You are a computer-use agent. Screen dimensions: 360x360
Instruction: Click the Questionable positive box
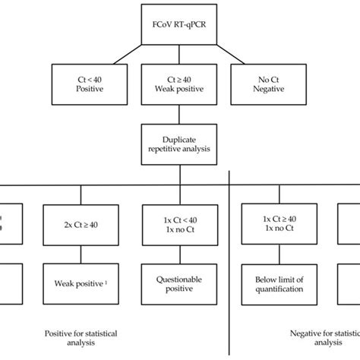coord(172,283)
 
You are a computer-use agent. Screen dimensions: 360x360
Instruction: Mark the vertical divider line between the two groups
coord(230,266)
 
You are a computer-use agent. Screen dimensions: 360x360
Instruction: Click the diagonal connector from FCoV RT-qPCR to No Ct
coord(226,54)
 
